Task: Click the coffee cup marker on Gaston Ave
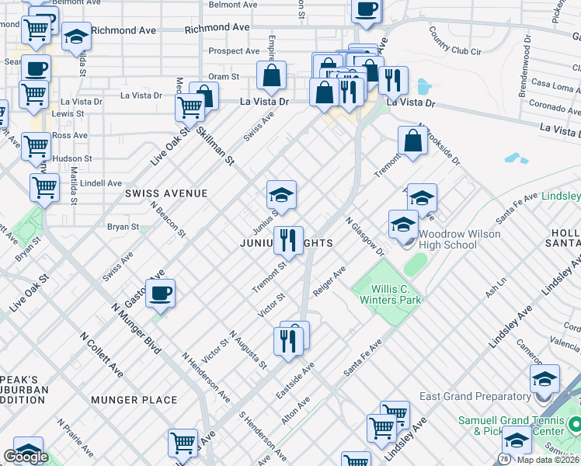tap(161, 294)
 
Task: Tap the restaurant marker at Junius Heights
tap(288, 240)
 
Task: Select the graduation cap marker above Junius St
tap(281, 194)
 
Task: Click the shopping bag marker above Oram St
tap(271, 75)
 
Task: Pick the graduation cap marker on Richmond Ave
tap(76, 37)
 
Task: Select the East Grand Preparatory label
tap(474, 396)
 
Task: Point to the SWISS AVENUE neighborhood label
tap(169, 193)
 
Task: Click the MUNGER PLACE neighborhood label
tap(134, 400)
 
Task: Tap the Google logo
tap(25, 457)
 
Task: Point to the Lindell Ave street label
tap(101, 183)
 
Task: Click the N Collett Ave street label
tap(102, 353)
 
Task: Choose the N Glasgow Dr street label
tap(365, 237)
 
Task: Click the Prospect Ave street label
tap(234, 52)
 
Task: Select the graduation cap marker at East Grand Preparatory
tap(544, 379)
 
